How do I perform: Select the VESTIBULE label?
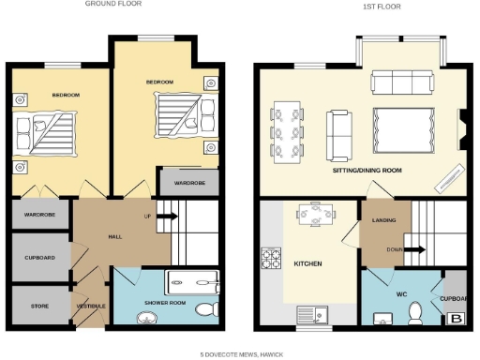tap(90, 307)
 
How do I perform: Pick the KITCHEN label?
tap(307, 264)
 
